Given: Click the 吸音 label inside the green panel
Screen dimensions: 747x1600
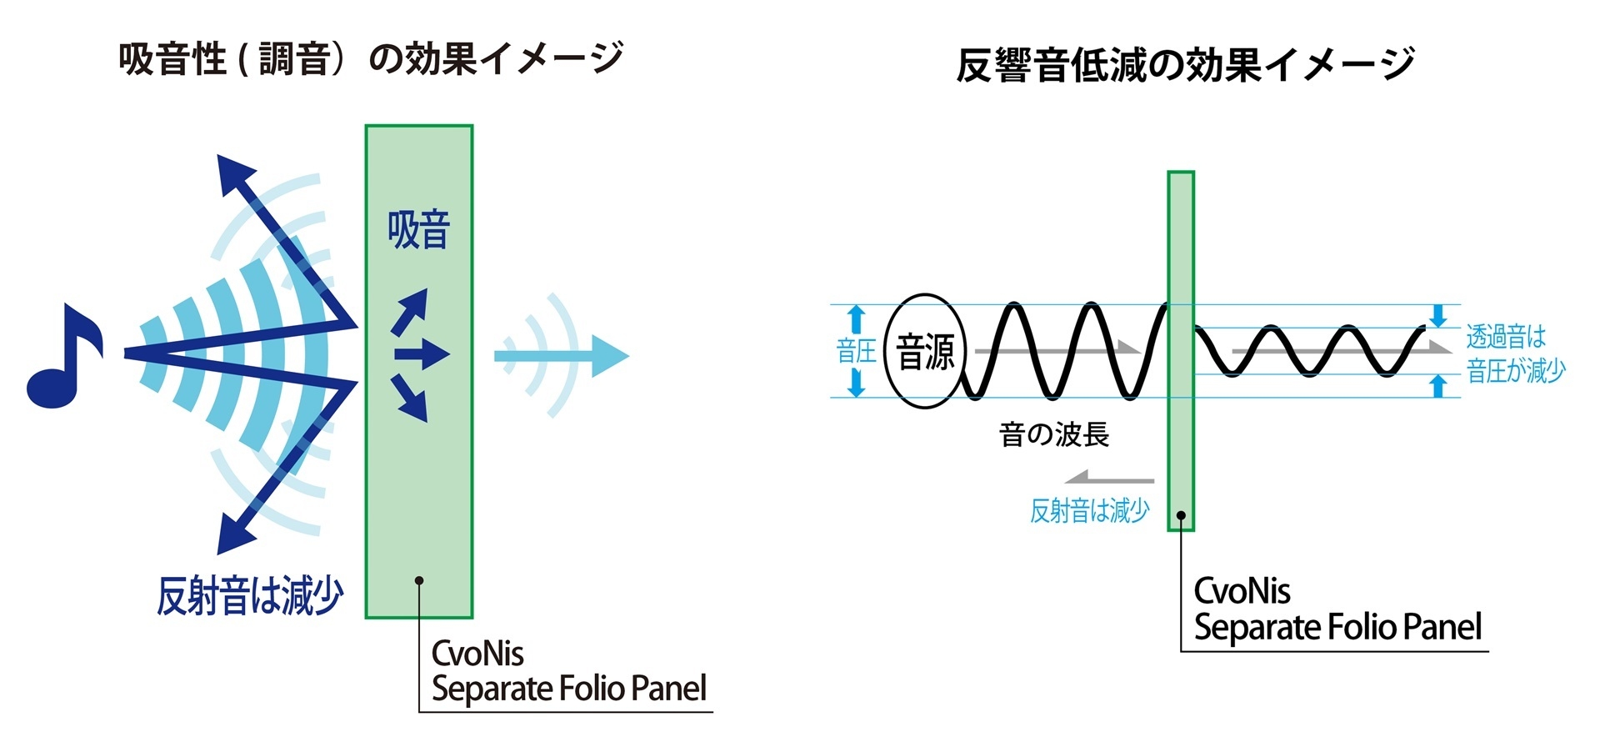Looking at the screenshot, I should [x=418, y=230].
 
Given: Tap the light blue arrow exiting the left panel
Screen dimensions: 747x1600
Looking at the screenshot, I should [x=575, y=356].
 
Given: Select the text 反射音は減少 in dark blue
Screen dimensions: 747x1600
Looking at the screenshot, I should [x=250, y=596].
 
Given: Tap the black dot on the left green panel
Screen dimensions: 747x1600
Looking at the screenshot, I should [x=419, y=580].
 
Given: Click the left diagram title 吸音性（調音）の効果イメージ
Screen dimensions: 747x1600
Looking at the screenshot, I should [x=371, y=58].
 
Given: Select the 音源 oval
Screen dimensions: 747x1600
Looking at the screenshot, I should [x=924, y=351].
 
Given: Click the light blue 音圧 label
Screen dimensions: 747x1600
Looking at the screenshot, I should [x=856, y=351].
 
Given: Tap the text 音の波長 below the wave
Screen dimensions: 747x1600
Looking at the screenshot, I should [x=1053, y=434].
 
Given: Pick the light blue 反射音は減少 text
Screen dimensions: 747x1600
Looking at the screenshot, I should [x=1089, y=510].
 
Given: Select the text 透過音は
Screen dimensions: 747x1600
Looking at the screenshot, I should [x=1506, y=337].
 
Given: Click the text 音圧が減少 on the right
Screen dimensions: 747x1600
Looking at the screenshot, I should [x=1516, y=371].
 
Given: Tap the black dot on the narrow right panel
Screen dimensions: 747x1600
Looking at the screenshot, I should [x=1181, y=515].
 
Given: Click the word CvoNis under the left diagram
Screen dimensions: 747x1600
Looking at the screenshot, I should [x=477, y=654].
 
